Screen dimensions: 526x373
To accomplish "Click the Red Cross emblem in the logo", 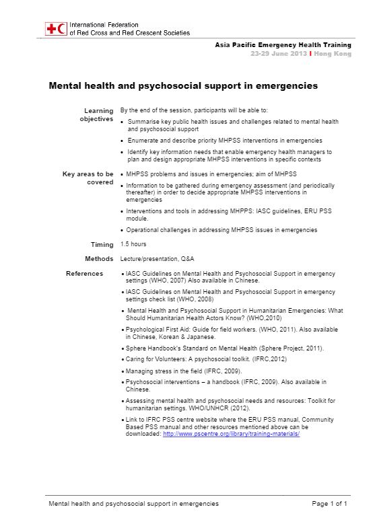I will click(51, 29).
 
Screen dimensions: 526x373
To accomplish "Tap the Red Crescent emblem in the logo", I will click(62, 29).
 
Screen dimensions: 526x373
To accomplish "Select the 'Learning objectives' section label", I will click(98, 114).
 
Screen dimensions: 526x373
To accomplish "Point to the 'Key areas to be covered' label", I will click(88, 178).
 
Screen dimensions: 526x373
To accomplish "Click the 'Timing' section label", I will click(102, 244).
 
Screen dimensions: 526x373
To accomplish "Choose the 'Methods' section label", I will click(99, 259).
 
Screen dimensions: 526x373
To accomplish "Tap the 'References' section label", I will click(84, 274).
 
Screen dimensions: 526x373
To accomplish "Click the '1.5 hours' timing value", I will click(133, 244).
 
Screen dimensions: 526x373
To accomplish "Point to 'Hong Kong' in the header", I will click(333, 52).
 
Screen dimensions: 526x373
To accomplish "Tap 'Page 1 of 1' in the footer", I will click(329, 503).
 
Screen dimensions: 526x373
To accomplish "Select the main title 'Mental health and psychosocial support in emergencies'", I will click(183, 86).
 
